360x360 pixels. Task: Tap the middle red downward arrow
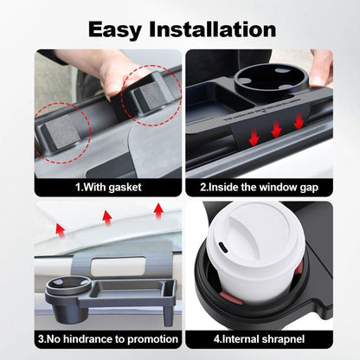pos(276,130)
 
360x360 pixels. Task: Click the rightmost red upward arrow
pos(159,209)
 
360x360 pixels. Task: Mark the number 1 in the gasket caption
pos(77,184)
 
